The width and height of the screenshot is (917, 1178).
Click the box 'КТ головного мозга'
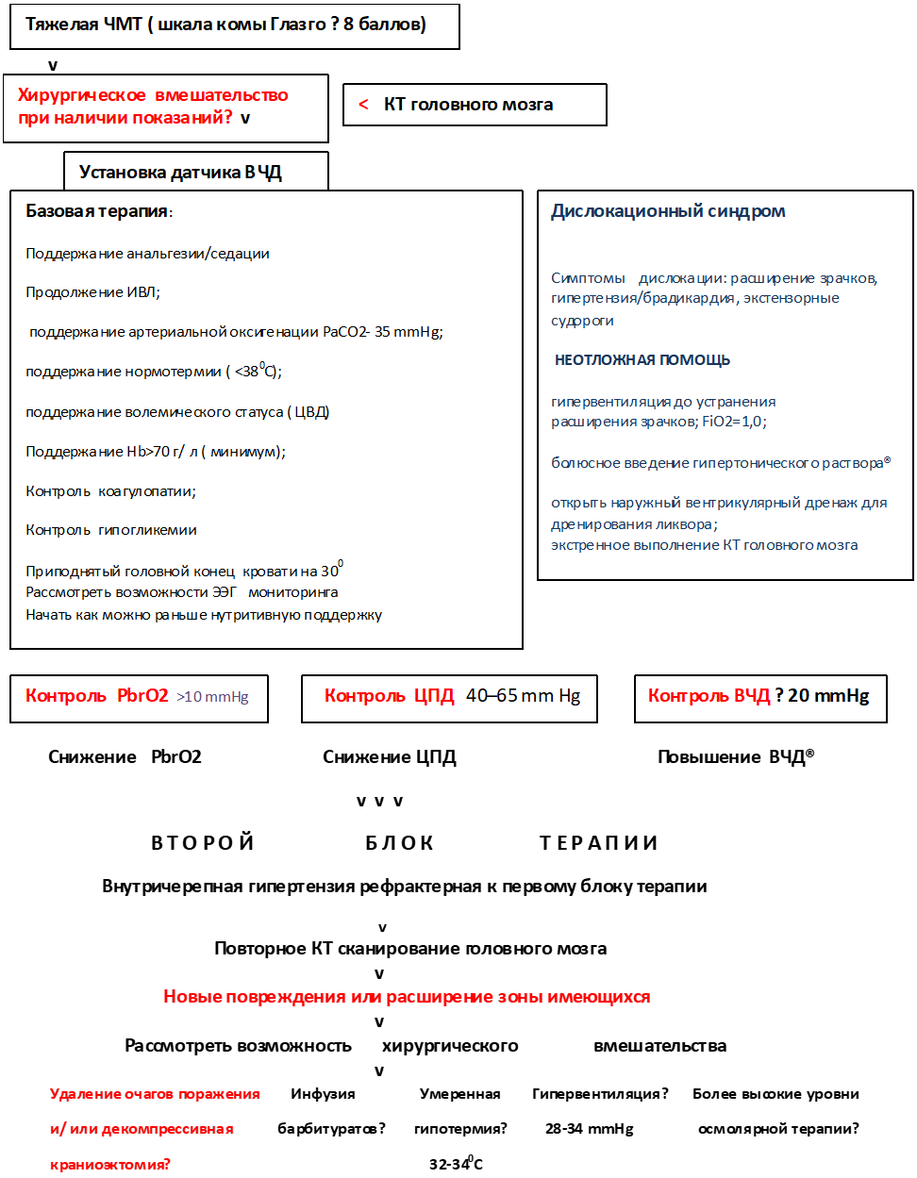475,105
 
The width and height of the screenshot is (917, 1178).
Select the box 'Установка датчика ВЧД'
196,172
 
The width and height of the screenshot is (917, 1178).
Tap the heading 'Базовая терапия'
98,211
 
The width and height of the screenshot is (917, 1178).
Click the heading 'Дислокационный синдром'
668,211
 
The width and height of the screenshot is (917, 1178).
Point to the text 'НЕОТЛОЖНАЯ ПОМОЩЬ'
642,360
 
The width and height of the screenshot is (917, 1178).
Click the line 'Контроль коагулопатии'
110,491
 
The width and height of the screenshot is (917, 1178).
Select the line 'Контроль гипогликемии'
111,530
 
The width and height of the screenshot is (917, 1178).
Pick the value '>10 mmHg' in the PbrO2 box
212,697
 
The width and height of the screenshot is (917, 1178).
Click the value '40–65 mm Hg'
523,696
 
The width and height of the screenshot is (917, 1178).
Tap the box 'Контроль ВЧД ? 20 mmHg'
760,698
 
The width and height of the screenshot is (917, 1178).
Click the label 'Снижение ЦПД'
390,757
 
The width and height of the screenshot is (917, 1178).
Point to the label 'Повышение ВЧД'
735,757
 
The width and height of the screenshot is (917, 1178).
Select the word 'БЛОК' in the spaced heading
400,843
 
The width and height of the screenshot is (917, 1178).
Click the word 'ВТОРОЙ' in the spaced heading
203,843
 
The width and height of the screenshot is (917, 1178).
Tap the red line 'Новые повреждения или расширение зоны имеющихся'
407,997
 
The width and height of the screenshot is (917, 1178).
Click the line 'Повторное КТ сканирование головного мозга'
410,949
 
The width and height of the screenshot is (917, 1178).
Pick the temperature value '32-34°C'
456,1164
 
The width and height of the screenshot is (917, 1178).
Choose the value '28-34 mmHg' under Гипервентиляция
590,1129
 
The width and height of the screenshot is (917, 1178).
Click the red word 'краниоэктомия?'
110,1165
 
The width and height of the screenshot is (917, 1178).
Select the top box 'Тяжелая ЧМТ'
234,26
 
